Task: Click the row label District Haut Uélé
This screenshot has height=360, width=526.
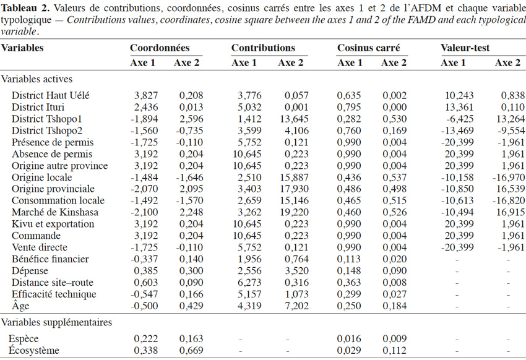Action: [x=51, y=95]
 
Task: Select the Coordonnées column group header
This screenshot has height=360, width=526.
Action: [x=160, y=48]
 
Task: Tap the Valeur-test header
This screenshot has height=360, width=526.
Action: [x=465, y=48]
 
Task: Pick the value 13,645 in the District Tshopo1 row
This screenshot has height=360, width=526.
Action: [x=294, y=119]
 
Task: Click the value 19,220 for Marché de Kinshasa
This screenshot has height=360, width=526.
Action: [x=294, y=212]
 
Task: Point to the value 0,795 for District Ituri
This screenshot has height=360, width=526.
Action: [x=349, y=107]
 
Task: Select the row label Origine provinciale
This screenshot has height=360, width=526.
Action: [x=53, y=189]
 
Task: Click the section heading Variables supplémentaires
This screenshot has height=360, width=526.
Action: [x=56, y=322]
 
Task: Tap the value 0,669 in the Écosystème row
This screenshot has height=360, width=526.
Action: [x=191, y=350]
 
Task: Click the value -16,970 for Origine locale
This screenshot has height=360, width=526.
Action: [x=509, y=178]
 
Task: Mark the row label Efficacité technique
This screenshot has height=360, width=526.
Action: [x=54, y=294]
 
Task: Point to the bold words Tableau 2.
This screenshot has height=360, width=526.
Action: [x=26, y=7]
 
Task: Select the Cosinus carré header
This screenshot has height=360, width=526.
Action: [x=369, y=48]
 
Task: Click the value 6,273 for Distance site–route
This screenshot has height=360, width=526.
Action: [x=249, y=283]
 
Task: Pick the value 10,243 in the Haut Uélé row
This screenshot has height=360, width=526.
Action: [x=459, y=95]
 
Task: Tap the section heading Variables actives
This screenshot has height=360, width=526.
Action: [x=37, y=79]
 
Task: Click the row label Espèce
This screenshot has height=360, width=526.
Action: [x=24, y=339]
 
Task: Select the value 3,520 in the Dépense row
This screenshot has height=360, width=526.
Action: [x=296, y=271]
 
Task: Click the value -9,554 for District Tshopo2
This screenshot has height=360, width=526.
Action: [x=511, y=131]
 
